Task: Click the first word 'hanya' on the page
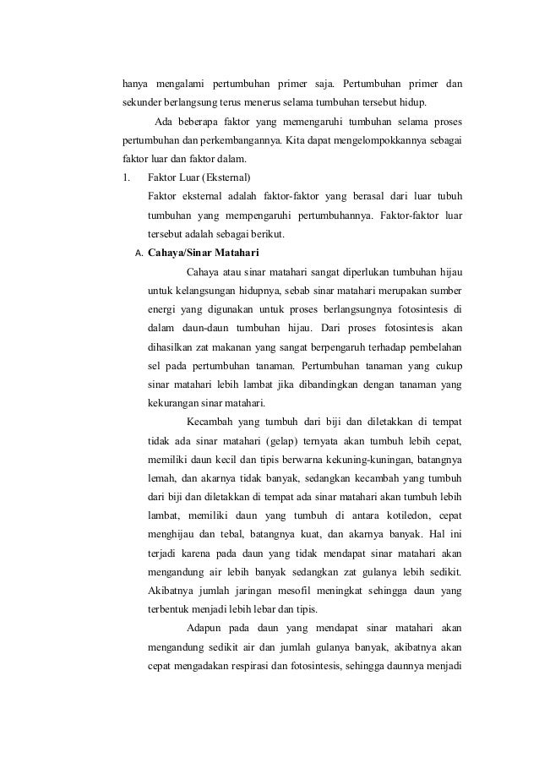pyautogui.click(x=135, y=84)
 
